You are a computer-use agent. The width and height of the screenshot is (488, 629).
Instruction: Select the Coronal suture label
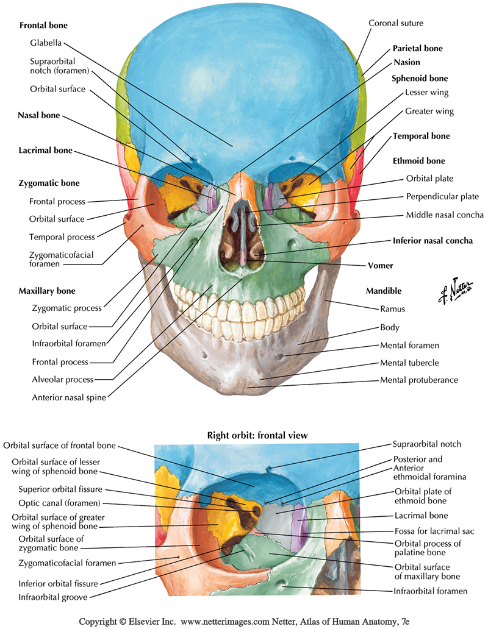[x=396, y=23]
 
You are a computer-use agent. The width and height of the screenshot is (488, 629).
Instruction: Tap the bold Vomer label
[x=381, y=266]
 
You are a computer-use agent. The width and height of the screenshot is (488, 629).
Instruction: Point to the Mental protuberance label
[x=418, y=380]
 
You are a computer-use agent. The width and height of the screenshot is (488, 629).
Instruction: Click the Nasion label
[x=406, y=63]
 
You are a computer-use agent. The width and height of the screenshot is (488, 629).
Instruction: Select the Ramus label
[x=393, y=309]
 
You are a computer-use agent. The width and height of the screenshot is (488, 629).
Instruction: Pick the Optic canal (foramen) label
[x=59, y=503]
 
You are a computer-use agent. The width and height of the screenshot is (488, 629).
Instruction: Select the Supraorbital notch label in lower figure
[x=426, y=444]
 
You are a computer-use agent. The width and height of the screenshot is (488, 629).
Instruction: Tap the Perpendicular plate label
[x=442, y=197]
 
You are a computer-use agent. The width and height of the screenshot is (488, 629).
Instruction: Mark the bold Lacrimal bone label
[x=45, y=151]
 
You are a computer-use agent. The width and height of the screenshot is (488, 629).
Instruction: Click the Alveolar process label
[x=63, y=380]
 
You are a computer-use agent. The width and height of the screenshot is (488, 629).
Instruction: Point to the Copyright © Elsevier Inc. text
[x=127, y=622]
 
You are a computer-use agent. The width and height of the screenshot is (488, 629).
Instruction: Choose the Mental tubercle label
[x=409, y=363]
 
